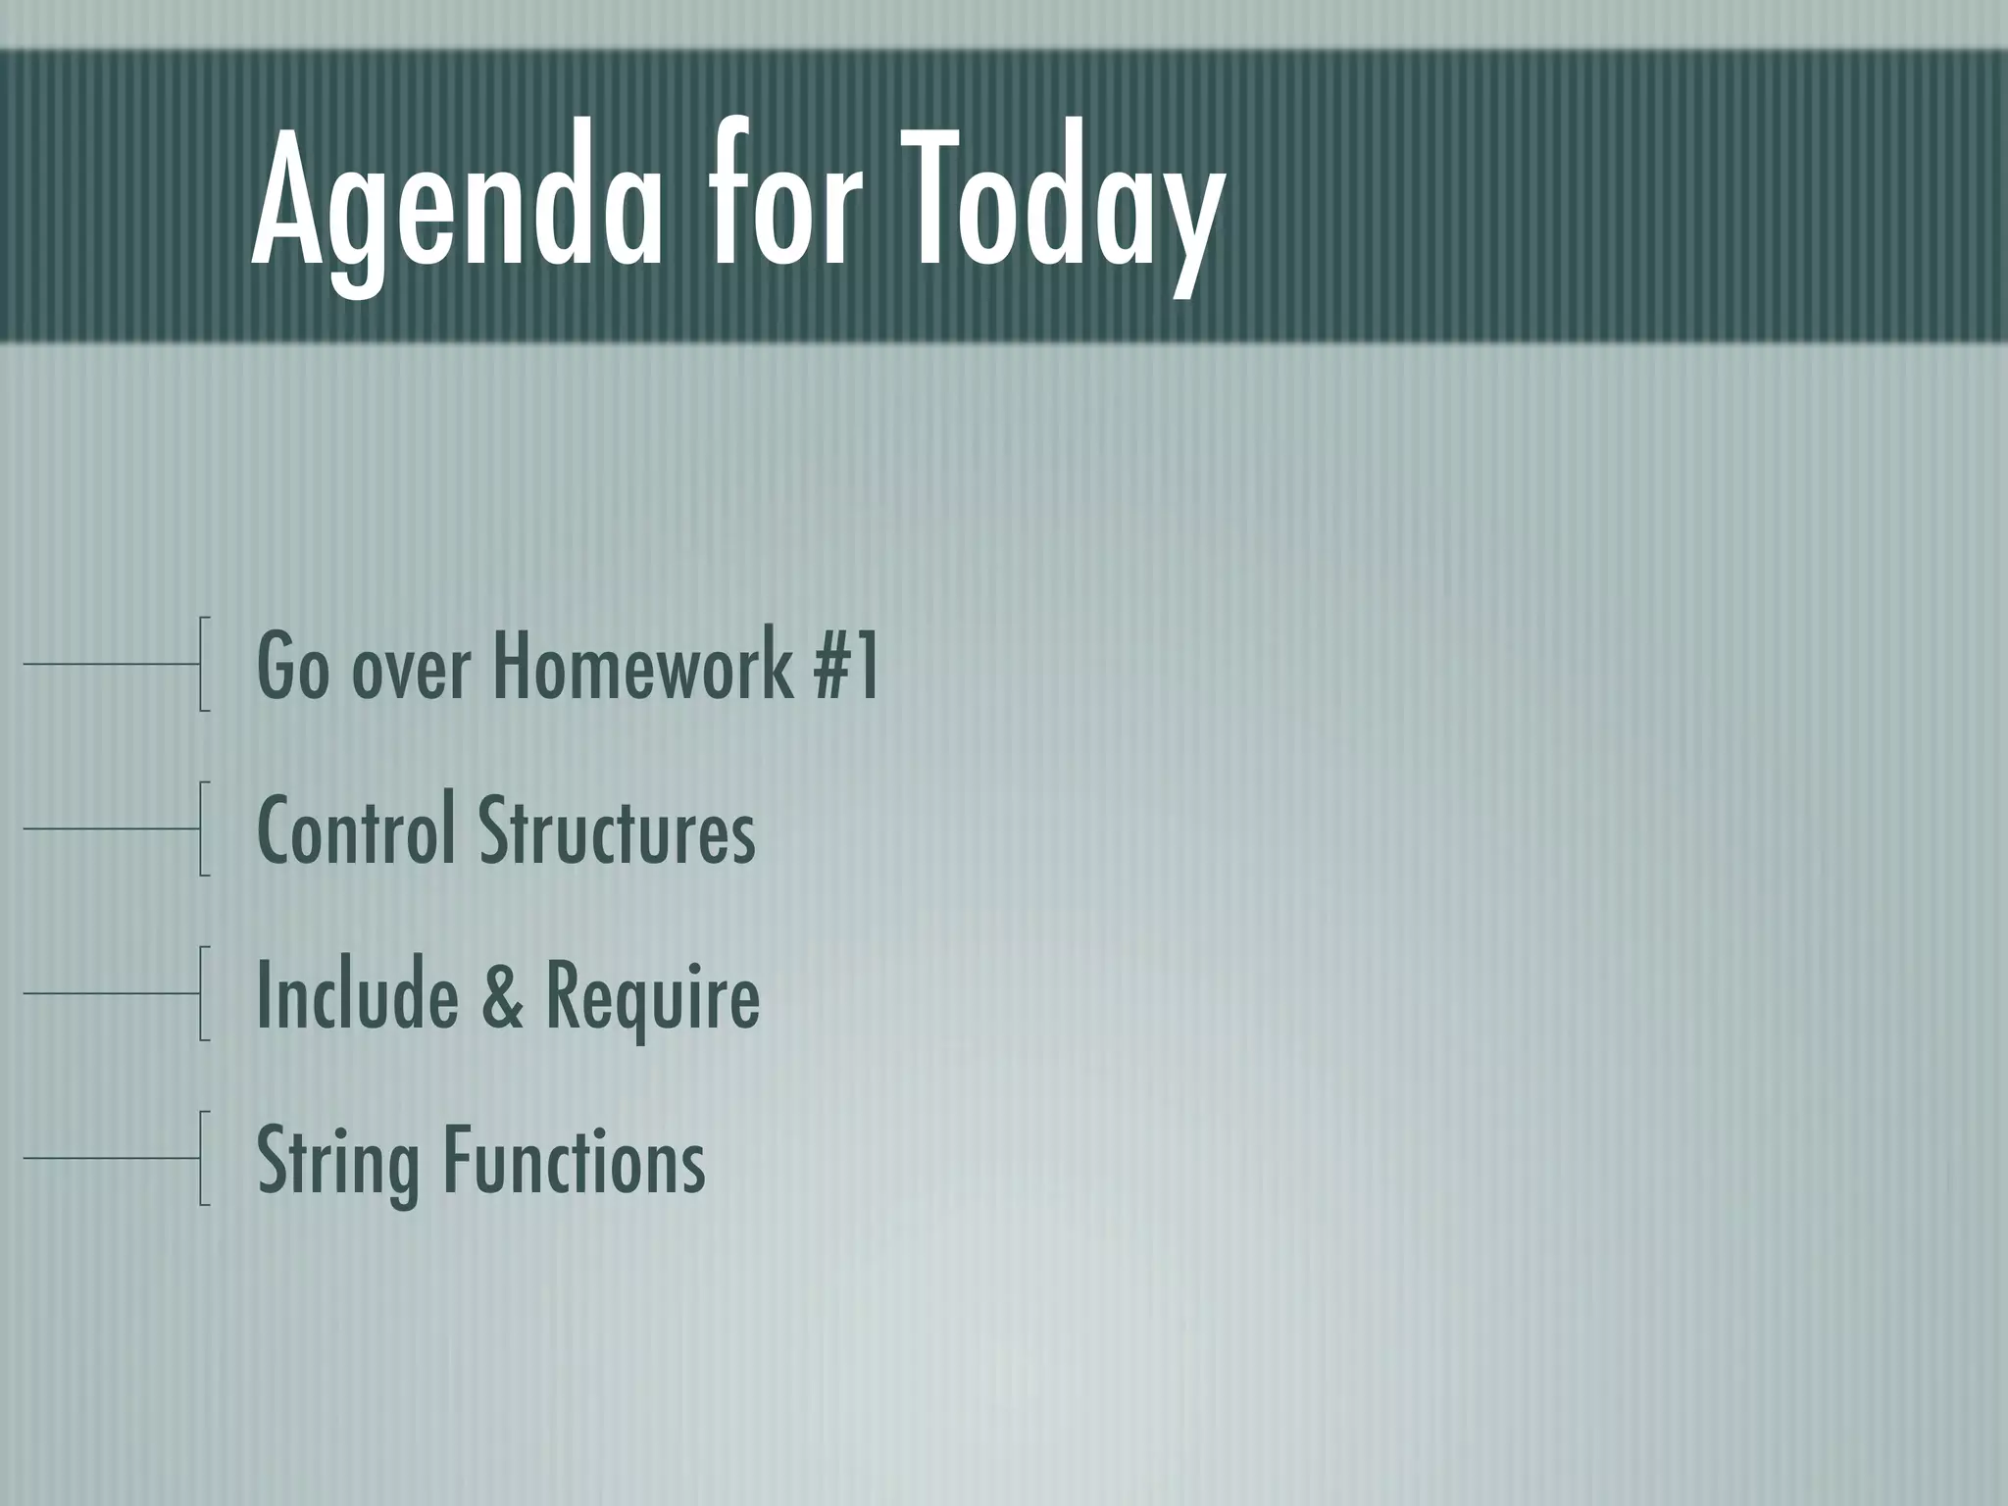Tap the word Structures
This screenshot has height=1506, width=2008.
[617, 831]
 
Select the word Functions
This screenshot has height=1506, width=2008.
[575, 1161]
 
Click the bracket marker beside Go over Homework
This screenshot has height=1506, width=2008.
[202, 664]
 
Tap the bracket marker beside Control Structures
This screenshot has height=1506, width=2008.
[202, 828]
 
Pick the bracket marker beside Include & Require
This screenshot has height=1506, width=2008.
[202, 993]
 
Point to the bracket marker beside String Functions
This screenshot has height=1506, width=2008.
[202, 1158]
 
